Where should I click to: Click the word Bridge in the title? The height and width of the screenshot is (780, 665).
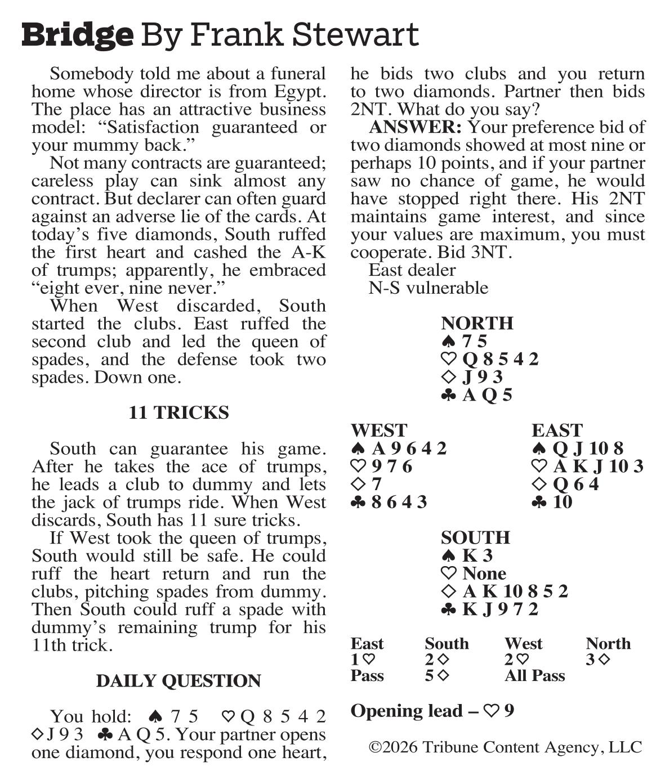click(78, 35)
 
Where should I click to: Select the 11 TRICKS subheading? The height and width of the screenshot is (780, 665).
click(178, 413)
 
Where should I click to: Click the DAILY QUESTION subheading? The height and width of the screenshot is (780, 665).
click(178, 680)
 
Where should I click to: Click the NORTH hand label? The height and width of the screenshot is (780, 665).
click(477, 323)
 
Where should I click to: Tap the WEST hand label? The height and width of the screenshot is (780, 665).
click(378, 430)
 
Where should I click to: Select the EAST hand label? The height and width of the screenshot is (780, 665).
click(556, 430)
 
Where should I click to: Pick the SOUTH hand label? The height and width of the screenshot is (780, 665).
click(475, 537)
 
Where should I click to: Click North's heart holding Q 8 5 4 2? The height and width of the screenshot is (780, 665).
click(500, 359)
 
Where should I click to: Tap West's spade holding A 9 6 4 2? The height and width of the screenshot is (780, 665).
click(409, 449)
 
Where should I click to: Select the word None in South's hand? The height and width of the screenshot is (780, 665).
click(484, 573)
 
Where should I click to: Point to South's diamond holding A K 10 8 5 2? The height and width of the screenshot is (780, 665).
click(515, 591)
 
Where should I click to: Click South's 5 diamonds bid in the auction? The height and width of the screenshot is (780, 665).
click(437, 676)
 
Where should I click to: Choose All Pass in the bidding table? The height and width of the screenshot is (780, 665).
click(534, 676)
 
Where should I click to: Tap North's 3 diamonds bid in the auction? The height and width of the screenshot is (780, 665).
click(598, 660)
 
